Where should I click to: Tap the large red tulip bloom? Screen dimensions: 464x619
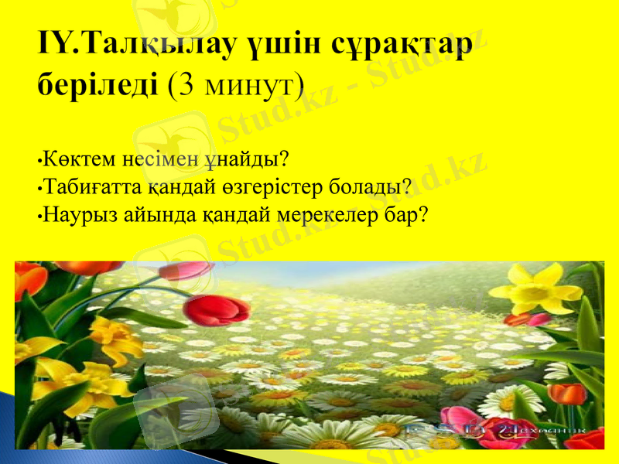pyautogui.click(x=215, y=309)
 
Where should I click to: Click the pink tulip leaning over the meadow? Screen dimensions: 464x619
pyautogui.click(x=186, y=270)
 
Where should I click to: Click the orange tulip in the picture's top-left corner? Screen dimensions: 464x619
pyautogui.click(x=29, y=278)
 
